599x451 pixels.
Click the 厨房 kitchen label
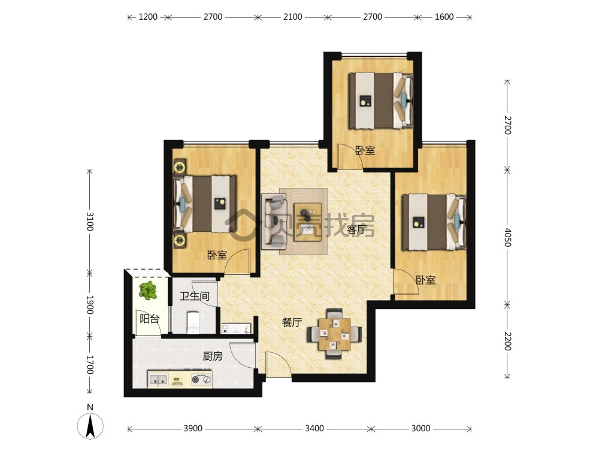coord(213,356)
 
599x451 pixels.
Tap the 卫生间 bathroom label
coord(195,295)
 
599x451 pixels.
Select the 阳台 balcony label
coord(149,319)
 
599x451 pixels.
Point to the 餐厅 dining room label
coord(292,323)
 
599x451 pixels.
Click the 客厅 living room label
coord(357,229)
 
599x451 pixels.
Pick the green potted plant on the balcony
coord(147,290)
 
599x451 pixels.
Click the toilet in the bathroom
coord(193,323)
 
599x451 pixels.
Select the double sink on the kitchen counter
coord(159,380)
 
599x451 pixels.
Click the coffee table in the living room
coord(307,222)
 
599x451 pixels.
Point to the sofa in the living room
coord(274,222)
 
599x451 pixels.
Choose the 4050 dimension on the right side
coord(507,237)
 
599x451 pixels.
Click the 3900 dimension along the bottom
coord(193,428)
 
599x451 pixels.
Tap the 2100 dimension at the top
coord(293,17)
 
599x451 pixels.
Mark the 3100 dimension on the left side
coord(90,222)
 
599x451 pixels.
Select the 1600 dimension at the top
coord(444,17)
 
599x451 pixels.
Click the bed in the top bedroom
coord(381,101)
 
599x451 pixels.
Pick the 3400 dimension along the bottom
coord(314,428)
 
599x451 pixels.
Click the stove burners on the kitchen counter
coord(201,380)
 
